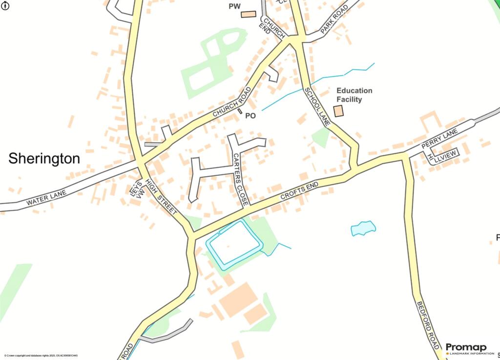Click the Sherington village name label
coord(44,158)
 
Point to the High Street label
coord(161,196)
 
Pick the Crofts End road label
coord(299,190)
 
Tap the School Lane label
coord(317,106)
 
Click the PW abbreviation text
coord(235,6)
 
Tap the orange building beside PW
coord(249,14)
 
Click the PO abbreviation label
coord(250,116)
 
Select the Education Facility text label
coord(354,95)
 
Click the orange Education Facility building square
coord(338,111)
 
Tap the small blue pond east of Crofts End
coord(363,228)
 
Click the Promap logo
coord(466,348)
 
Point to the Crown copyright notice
coord(41,356)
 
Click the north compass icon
coord(5,5)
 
